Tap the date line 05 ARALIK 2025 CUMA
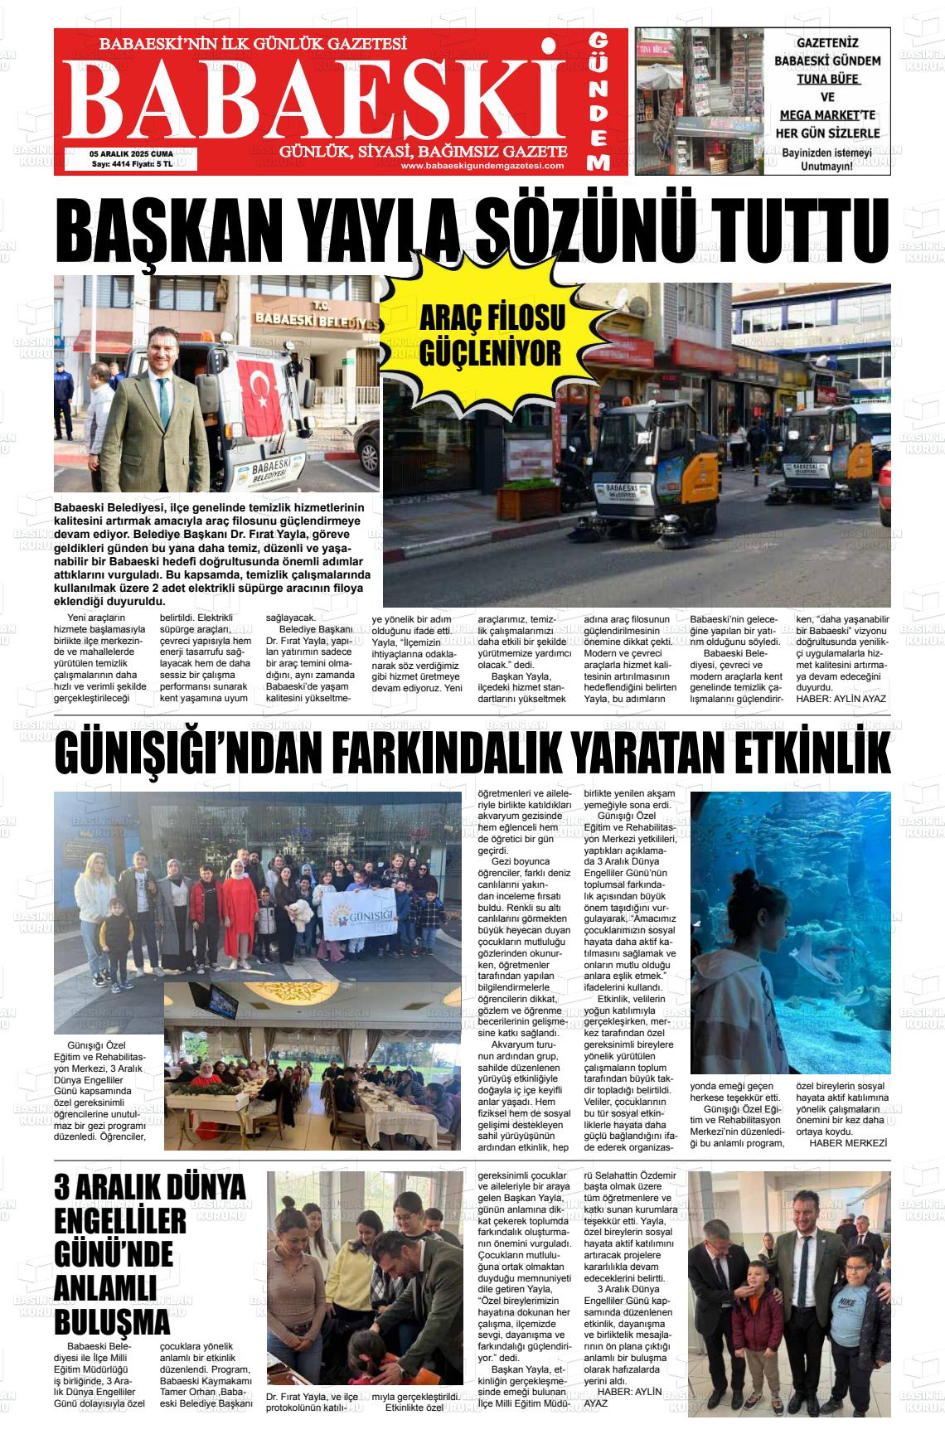tap(131, 153)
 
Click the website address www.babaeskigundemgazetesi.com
tap(482, 165)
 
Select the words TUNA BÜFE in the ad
tap(827, 80)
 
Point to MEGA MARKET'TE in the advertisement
tap(827, 115)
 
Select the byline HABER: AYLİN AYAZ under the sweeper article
tap(841, 699)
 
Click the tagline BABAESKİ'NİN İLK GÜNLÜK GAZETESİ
tap(252, 44)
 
